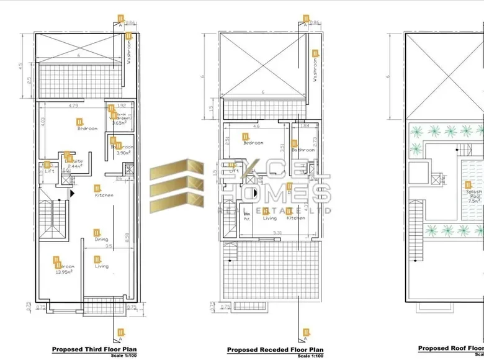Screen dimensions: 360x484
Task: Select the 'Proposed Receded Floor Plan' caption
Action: [275, 350]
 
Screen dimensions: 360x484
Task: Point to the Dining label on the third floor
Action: [101, 239]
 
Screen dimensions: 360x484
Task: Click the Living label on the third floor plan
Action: [101, 266]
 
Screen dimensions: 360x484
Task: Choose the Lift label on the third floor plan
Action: [49, 171]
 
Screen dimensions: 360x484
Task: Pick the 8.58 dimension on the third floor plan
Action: [127, 237]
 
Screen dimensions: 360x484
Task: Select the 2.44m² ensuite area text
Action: [74, 166]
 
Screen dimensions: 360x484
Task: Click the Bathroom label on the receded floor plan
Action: [303, 150]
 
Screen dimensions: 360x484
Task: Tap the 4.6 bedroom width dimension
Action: [256, 126]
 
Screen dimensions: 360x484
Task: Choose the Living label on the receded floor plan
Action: [270, 218]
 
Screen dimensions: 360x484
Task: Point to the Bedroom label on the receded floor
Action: [253, 143]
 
